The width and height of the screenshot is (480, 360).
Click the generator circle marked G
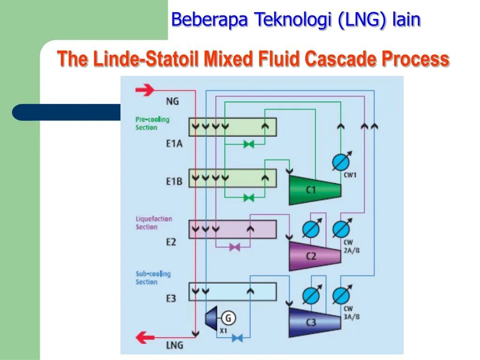tap(228, 318)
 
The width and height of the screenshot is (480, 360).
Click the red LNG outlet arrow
tap(145, 337)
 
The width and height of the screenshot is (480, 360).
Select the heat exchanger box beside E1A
tap(232, 127)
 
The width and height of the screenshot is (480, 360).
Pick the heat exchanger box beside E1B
tap(232, 178)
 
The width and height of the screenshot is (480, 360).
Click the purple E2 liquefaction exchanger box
tap(232, 229)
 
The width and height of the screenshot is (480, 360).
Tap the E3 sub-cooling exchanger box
tap(232, 292)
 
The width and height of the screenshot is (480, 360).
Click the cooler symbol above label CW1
tap(341, 162)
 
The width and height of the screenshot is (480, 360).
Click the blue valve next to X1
tap(238, 337)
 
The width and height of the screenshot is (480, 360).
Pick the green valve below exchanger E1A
tap(249, 144)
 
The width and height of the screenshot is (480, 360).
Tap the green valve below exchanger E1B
tap(249, 198)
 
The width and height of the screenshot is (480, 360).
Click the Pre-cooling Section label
tap(152, 123)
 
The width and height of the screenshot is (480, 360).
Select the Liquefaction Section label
tap(154, 223)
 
